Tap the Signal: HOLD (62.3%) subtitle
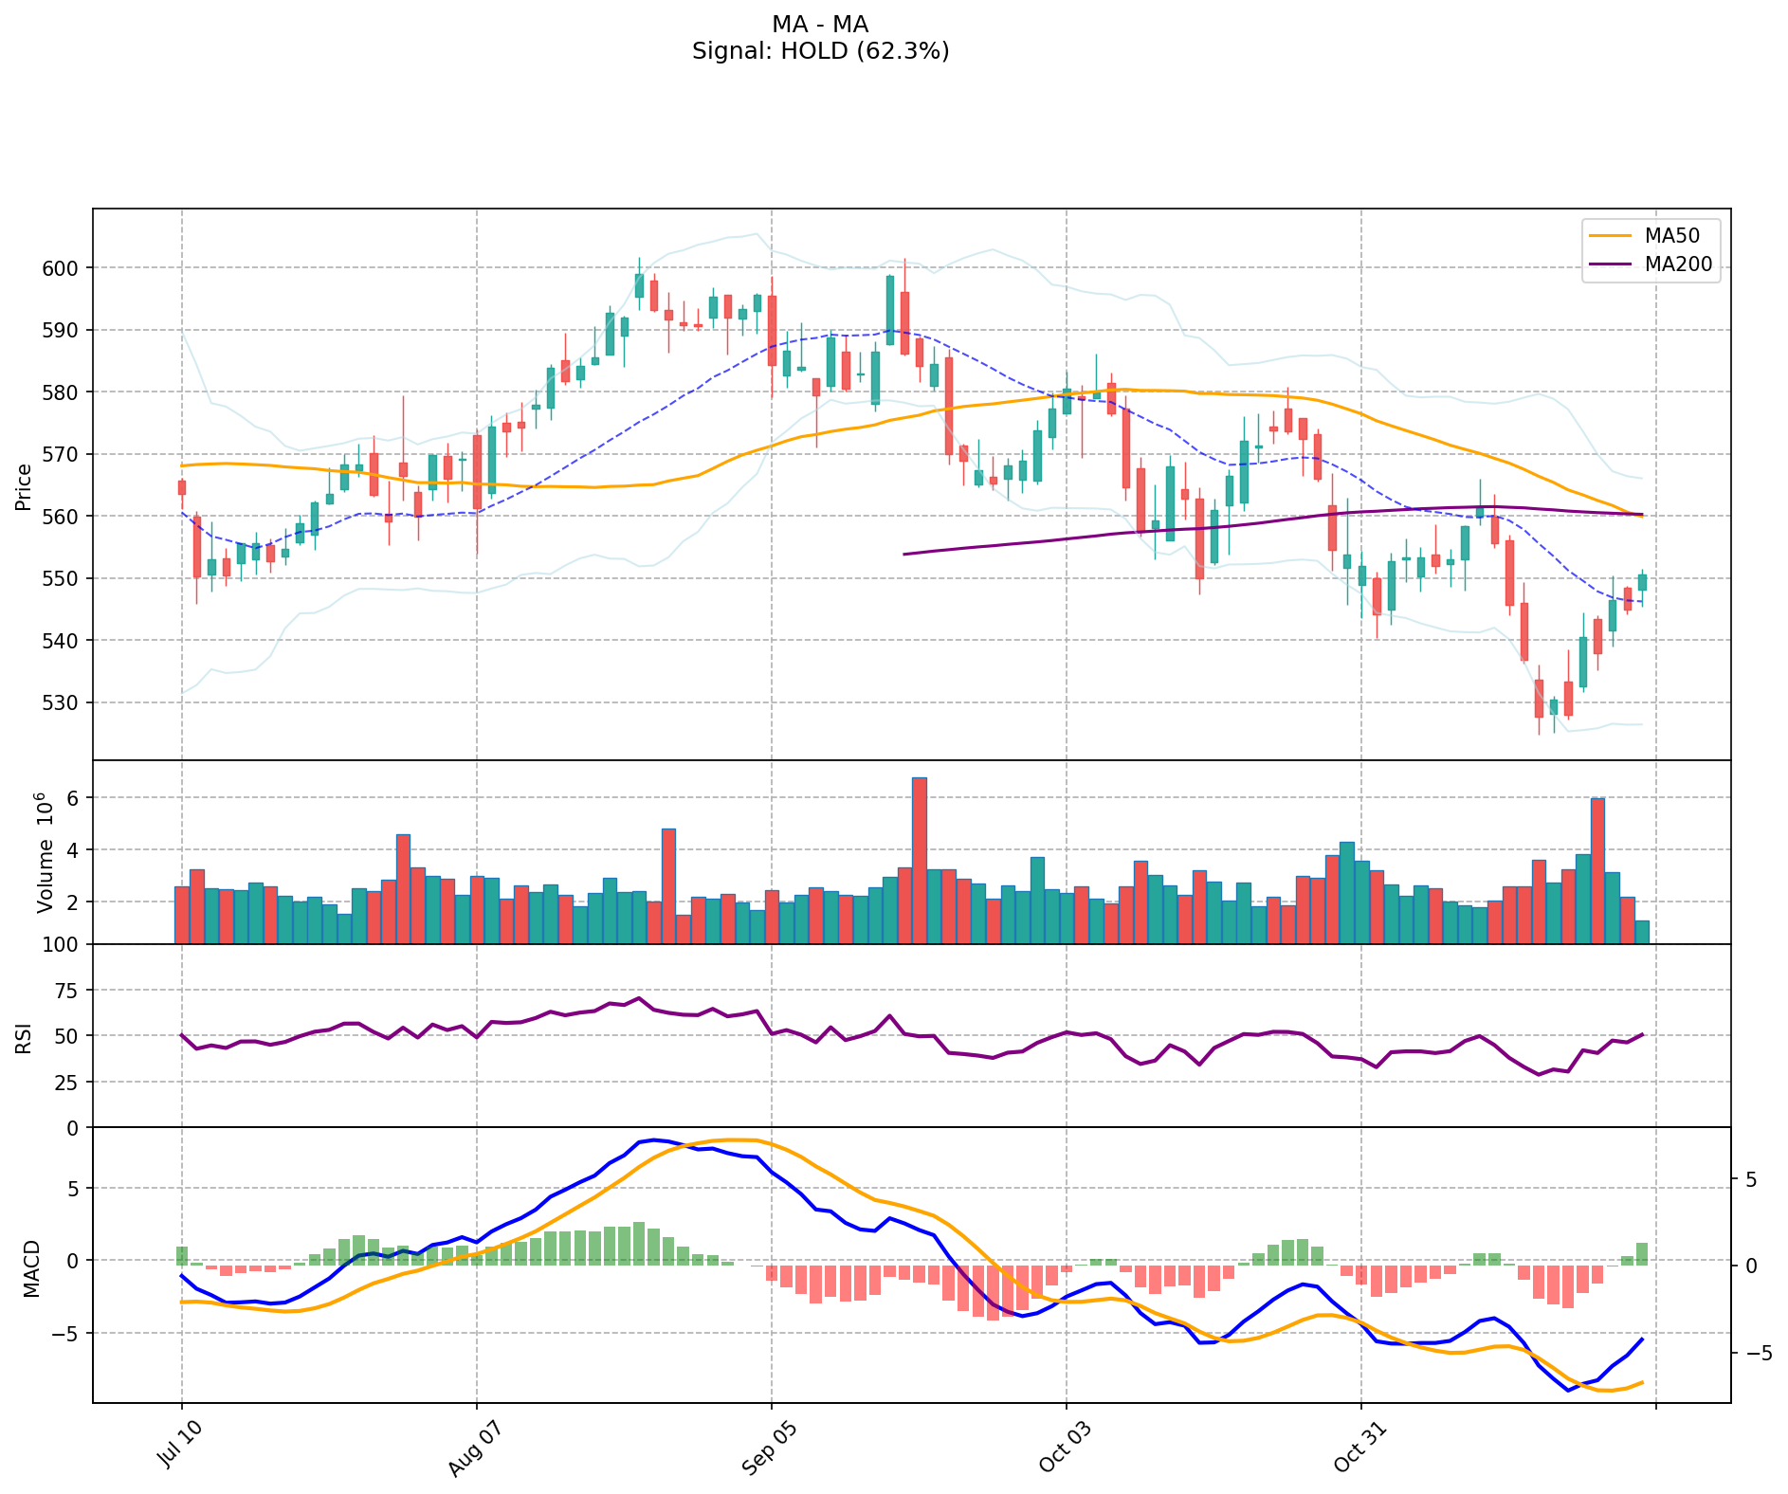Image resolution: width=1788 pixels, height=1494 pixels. [x=820, y=51]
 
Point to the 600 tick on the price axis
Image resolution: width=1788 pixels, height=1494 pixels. [x=65, y=268]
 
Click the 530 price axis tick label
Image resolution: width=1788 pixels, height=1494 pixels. [x=65, y=702]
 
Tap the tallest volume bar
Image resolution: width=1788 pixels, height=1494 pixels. [x=919, y=860]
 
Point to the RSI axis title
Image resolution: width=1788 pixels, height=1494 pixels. [x=24, y=1037]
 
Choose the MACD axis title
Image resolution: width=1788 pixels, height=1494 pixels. [x=32, y=1268]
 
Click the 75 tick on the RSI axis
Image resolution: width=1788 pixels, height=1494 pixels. [x=68, y=991]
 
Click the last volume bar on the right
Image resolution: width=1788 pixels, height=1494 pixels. [x=1642, y=932]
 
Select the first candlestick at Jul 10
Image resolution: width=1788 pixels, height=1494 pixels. [x=181, y=487]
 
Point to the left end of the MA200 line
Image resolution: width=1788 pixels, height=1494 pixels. [x=904, y=554]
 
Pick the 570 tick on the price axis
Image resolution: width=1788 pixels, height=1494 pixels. [x=65, y=454]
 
